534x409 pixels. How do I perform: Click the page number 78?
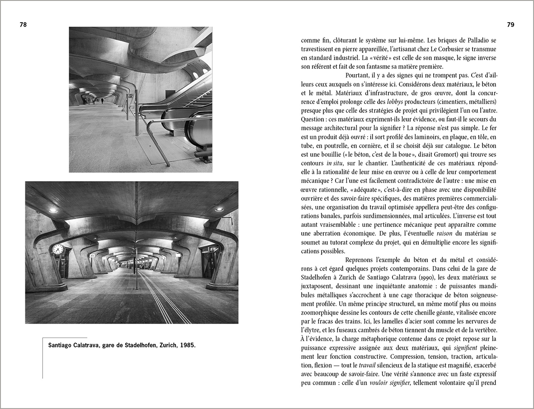pyautogui.click(x=23, y=25)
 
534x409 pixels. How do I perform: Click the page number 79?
pyautogui.click(x=510, y=25)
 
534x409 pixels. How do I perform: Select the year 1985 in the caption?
pyautogui.click(x=187, y=345)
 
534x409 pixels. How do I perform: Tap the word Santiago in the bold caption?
pyautogui.click(x=62, y=345)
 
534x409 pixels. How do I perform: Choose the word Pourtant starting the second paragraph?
pyautogui.click(x=359, y=75)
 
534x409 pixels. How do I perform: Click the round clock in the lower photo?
pyautogui.click(x=58, y=249)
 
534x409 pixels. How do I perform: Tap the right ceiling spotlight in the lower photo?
pyautogui.click(x=219, y=209)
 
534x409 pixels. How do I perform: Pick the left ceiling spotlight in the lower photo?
pyautogui.click(x=53, y=210)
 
